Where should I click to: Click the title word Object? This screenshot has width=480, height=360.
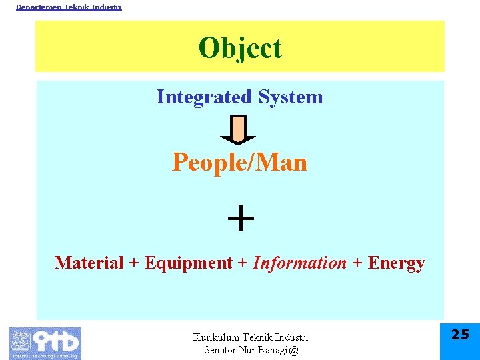tap(240, 48)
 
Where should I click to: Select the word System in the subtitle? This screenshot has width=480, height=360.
tap(291, 97)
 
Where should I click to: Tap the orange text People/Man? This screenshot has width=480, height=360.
tap(239, 162)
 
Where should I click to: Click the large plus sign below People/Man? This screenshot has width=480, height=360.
tap(240, 218)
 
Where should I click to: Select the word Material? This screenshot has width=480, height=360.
tap(89, 263)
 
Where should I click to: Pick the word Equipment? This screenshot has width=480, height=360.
tap(188, 263)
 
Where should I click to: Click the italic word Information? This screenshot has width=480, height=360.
tap(300, 263)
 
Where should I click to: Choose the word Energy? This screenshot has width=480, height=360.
tap(396, 263)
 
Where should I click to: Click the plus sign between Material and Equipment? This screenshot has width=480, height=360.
tap(134, 263)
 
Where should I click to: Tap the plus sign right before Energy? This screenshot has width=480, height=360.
tap(357, 263)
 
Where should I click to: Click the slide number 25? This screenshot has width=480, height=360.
tap(460, 335)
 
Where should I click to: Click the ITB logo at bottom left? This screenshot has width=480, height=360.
tap(45, 343)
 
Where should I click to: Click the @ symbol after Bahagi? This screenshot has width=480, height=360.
tap(294, 350)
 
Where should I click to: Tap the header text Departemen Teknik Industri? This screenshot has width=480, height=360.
tap(69, 7)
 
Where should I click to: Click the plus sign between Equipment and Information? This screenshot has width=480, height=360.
tap(243, 263)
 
